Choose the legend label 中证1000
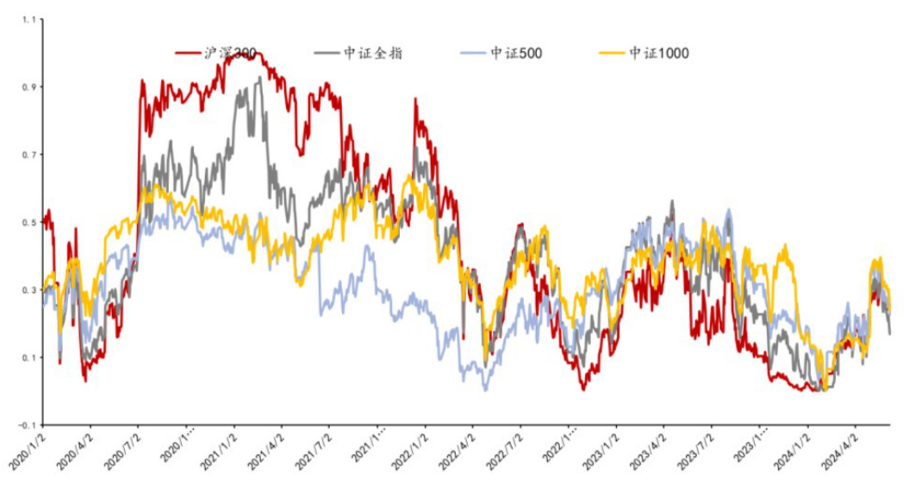[x=659, y=53]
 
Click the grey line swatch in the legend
[x=327, y=53]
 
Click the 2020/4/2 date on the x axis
[x=75, y=447]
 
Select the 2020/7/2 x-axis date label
[x=122, y=447]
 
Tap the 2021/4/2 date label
[x=265, y=447]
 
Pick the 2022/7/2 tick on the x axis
[x=503, y=447]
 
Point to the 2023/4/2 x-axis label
[x=646, y=447]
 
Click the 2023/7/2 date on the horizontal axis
[x=694, y=447]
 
